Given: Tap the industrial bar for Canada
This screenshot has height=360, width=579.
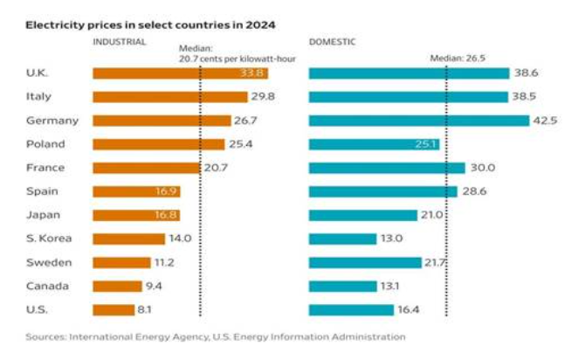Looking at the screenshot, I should point(117,286).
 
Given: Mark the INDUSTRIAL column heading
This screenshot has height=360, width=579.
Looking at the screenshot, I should point(121,42).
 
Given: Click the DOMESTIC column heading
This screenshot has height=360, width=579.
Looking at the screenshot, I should point(332,42).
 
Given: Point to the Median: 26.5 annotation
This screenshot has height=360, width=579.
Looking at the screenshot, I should point(458,58).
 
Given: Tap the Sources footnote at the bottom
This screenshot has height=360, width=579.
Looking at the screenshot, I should point(215,336).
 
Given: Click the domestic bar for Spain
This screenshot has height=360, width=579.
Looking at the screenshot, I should point(383,191).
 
